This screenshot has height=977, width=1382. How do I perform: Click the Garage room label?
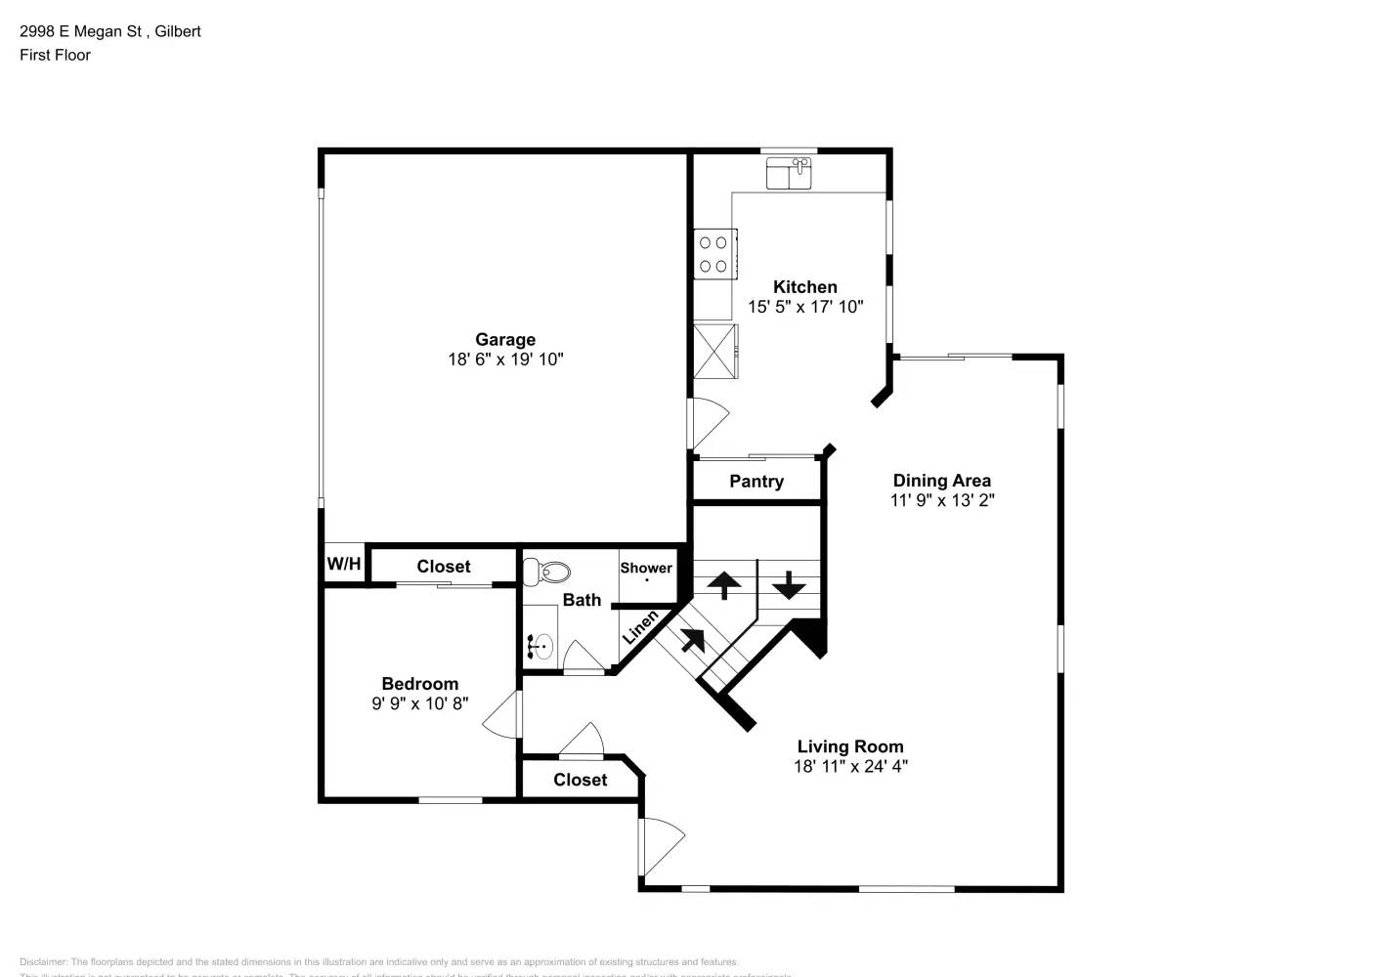click(x=505, y=339)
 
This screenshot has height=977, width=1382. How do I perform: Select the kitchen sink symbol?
click(x=790, y=173)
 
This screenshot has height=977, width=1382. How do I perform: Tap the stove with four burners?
click(x=714, y=254)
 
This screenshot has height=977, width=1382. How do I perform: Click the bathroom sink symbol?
click(x=540, y=646)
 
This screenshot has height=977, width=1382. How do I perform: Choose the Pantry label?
click(x=756, y=482)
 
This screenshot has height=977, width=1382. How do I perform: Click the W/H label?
click(x=343, y=565)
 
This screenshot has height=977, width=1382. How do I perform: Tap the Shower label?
click(x=646, y=568)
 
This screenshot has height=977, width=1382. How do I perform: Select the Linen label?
click(x=640, y=626)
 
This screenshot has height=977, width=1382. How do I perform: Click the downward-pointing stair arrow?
click(x=789, y=585)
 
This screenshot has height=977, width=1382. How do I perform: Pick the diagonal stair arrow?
click(x=693, y=640)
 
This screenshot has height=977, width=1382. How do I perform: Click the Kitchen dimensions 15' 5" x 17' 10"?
click(x=805, y=307)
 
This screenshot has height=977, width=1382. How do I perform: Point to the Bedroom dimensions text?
click(x=419, y=703)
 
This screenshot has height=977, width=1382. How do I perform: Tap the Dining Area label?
click(x=941, y=481)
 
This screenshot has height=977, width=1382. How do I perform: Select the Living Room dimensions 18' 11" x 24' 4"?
click(x=850, y=767)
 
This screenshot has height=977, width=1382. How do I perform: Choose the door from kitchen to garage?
click(x=708, y=423)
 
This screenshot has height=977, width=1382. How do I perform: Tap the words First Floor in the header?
click(x=55, y=55)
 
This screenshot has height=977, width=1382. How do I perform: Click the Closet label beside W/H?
click(x=443, y=567)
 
